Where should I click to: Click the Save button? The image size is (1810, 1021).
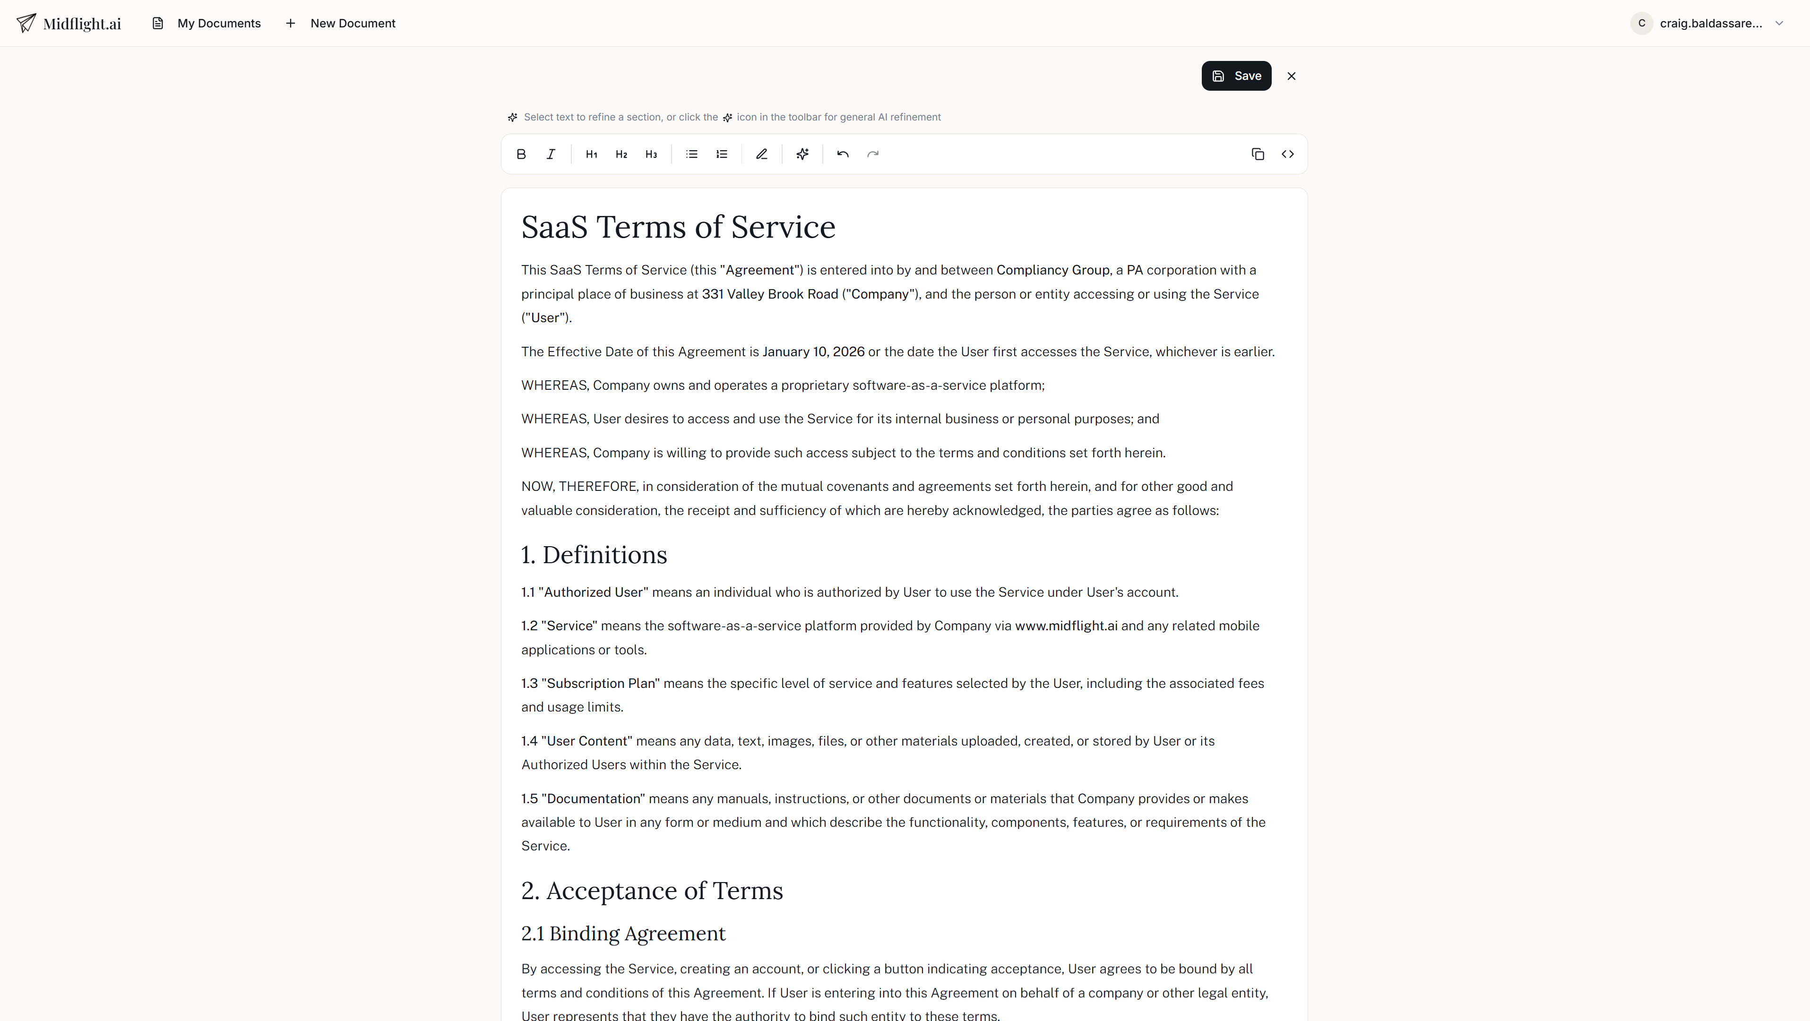point(1236,76)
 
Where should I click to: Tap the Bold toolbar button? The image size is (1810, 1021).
point(521,154)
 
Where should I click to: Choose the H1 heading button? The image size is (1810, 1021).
point(591,154)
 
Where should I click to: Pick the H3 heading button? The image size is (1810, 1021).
point(651,154)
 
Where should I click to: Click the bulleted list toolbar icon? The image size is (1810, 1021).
point(691,154)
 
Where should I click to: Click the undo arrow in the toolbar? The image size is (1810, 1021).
point(843,154)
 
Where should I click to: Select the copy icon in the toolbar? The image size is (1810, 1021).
point(1258,154)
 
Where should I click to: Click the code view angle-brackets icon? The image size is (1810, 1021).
point(1287,154)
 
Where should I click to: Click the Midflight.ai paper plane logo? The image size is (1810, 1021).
point(26,23)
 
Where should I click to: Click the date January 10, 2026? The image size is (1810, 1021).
point(813,352)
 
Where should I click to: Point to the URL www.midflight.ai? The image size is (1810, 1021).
point(1065,626)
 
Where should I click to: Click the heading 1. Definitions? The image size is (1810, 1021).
point(594,554)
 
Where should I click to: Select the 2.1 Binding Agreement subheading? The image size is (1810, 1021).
point(622,933)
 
